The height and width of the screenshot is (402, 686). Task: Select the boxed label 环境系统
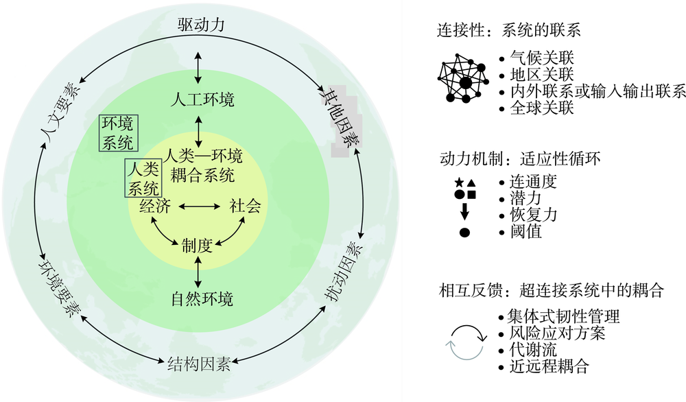(x=118, y=133)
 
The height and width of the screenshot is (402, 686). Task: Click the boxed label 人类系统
(x=144, y=178)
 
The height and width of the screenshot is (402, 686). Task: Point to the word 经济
(x=154, y=206)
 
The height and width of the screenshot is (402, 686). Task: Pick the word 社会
(x=245, y=206)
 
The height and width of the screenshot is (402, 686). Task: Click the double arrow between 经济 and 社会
(x=199, y=206)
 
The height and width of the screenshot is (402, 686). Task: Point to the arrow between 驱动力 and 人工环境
(x=198, y=64)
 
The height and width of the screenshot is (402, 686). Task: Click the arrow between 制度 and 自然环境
(x=198, y=272)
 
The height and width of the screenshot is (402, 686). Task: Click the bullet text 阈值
(x=525, y=232)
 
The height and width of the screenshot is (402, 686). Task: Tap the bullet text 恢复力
(x=532, y=215)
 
